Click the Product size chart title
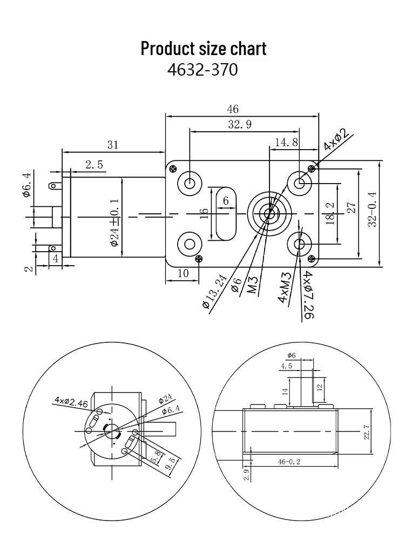(203, 48)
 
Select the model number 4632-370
(202, 70)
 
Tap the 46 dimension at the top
(232, 109)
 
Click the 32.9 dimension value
(239, 124)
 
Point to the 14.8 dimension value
(286, 142)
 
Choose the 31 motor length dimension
(112, 144)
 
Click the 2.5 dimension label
(93, 165)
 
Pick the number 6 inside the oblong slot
(226, 201)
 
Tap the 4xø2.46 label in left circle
(70, 401)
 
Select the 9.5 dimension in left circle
(170, 464)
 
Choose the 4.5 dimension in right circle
(287, 366)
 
